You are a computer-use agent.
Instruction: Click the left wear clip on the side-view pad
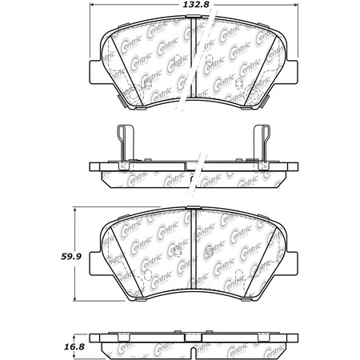pos(121,145)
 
